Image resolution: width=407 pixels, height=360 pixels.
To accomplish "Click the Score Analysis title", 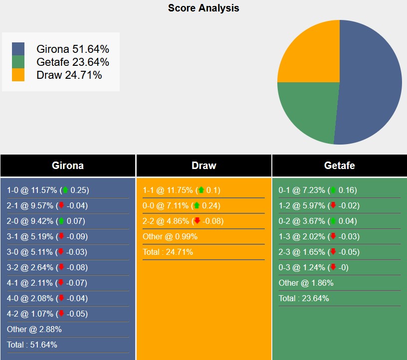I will pyautogui.click(x=203, y=8).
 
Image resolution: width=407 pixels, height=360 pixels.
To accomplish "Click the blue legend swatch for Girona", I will pyautogui.click(x=18, y=49).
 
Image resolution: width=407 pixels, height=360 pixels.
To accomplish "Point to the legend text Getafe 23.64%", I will pyautogui.click(x=72, y=62).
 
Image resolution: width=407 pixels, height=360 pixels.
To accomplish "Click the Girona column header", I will pyautogui.click(x=68, y=166).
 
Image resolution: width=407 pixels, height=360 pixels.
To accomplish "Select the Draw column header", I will pyautogui.click(x=203, y=166).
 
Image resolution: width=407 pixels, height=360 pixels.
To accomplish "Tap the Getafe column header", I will pyautogui.click(x=339, y=166).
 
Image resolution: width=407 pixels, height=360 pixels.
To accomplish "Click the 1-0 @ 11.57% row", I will pyautogui.click(x=48, y=190).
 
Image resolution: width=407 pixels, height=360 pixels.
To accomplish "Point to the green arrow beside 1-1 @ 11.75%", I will pyautogui.click(x=201, y=190).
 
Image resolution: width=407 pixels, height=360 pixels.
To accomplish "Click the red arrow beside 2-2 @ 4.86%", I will pyautogui.click(x=197, y=221).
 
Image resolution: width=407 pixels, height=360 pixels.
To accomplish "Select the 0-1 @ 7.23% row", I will pyautogui.click(x=318, y=190).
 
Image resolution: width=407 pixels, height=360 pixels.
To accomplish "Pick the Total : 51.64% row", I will pyautogui.click(x=32, y=345).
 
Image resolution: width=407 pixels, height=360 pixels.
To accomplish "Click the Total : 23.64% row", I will pyautogui.click(x=304, y=298).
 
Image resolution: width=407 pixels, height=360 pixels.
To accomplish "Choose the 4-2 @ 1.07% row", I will pyautogui.click(x=47, y=314).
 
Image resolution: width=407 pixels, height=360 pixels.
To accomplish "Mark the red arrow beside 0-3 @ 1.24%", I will pyautogui.click(x=333, y=267).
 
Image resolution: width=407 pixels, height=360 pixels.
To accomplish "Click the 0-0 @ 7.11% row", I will pyautogui.click(x=182, y=205).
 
